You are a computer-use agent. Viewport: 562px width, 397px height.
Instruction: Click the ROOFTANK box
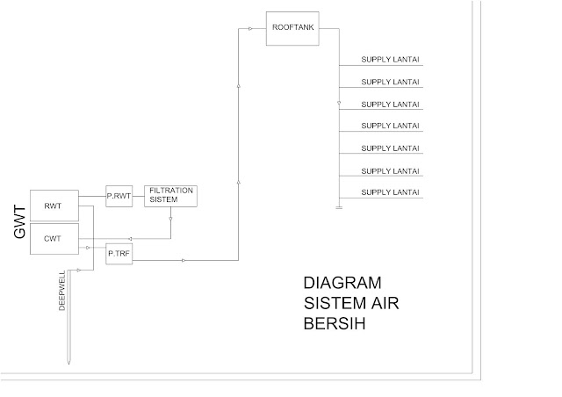pos(291,26)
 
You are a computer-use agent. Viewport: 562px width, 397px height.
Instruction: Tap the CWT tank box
pos(52,238)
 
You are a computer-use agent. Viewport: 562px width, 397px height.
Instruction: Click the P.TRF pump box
pos(118,254)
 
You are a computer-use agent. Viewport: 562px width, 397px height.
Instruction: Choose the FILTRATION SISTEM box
pos(170,195)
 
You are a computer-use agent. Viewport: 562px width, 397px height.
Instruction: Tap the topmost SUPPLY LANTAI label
pos(390,61)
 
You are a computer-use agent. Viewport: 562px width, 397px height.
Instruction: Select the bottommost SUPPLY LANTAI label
pos(390,192)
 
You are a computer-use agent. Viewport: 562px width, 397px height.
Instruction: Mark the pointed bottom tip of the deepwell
pos(68,361)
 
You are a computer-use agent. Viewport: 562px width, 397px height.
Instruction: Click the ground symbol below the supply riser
pos(338,208)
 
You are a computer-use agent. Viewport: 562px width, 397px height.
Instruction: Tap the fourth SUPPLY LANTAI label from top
pos(390,126)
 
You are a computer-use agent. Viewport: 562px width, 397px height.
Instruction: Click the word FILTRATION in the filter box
pos(170,190)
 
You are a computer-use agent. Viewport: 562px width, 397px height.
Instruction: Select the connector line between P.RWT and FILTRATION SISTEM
pos(138,196)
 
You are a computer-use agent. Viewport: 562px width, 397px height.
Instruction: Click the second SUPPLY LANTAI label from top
pos(390,83)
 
